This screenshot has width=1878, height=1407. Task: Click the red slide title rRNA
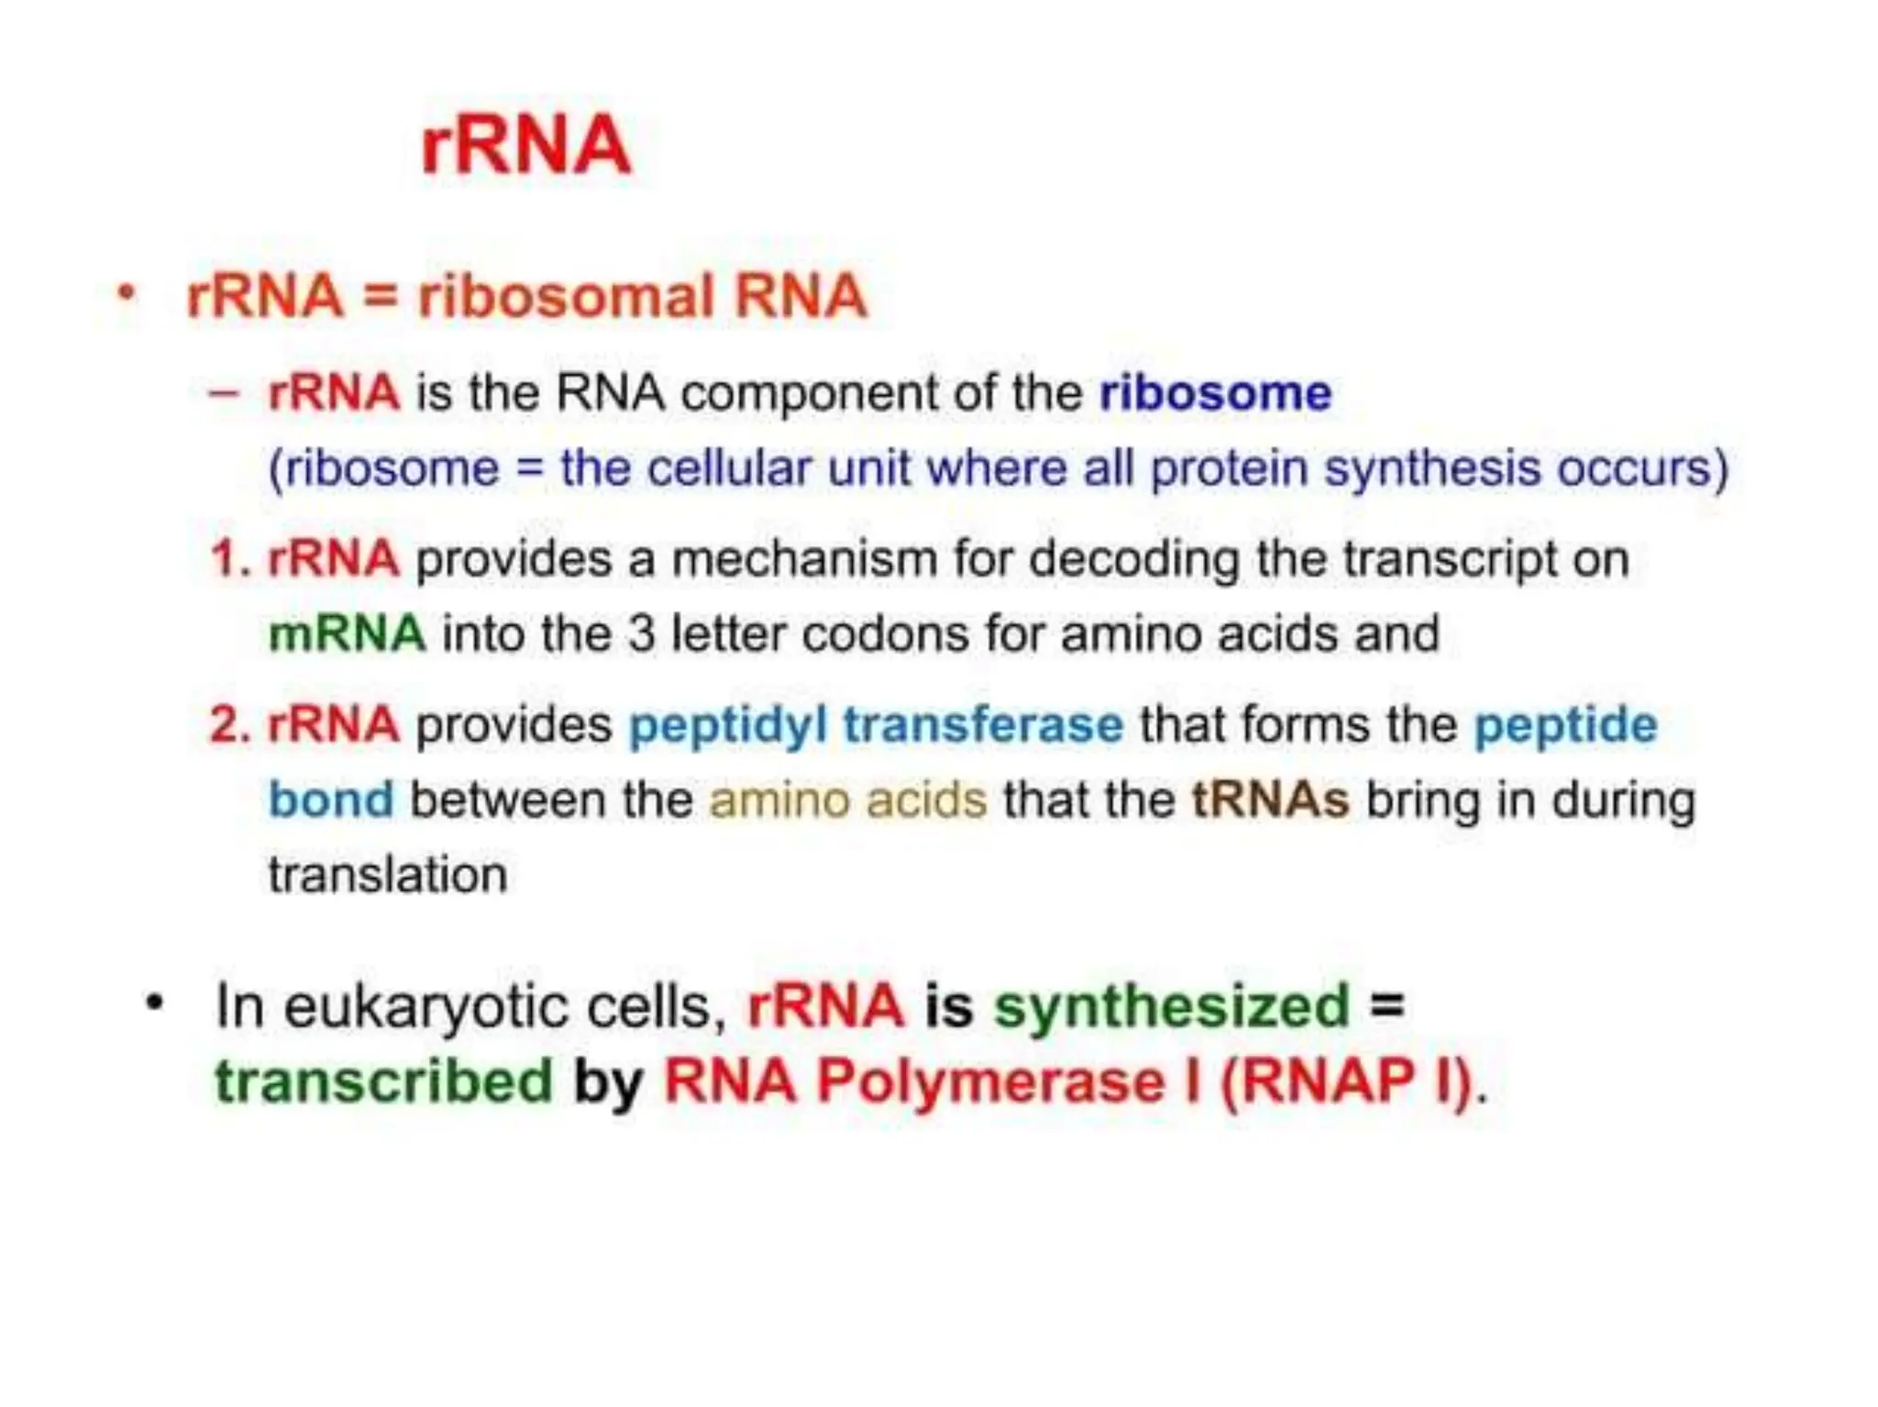525,145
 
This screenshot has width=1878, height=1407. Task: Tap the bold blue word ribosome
1215,394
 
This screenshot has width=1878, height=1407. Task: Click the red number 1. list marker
229,559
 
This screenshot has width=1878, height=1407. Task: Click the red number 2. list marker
229,725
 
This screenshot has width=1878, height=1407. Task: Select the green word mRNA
347,634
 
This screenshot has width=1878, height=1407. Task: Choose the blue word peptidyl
728,726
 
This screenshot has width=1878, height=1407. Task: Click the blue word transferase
983,725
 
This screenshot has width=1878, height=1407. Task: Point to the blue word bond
331,800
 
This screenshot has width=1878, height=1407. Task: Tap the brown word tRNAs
1270,800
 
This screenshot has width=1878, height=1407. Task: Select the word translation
387,875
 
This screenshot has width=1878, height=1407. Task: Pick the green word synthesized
1172,1006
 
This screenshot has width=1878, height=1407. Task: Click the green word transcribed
384,1083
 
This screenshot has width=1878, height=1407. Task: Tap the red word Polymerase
990,1083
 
